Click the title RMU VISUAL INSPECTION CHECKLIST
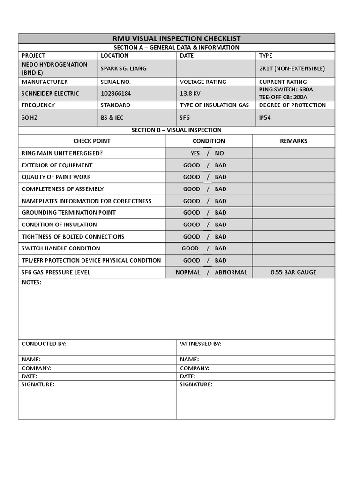pyautogui.click(x=177, y=38)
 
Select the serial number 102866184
pyautogui.click(x=116, y=93)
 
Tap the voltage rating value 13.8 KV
pyautogui.click(x=190, y=93)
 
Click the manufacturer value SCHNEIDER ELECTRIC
pyautogui.click(x=51, y=93)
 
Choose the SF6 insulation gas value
pyautogui.click(x=185, y=118)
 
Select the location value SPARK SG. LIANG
pyautogui.click(x=123, y=68)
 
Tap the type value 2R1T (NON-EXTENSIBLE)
pyautogui.click(x=292, y=68)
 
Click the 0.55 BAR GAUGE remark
pyautogui.click(x=293, y=272)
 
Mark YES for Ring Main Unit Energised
pyautogui.click(x=195, y=153)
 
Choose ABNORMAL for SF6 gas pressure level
pyautogui.click(x=231, y=272)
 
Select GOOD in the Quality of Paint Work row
pyautogui.click(x=191, y=177)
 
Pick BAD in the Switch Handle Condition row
pyautogui.click(x=220, y=248)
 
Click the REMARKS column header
pyautogui.click(x=293, y=141)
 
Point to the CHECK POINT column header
pyautogui.click(x=92, y=141)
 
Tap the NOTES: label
pyautogui.click(x=32, y=282)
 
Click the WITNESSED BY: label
pyautogui.click(x=200, y=344)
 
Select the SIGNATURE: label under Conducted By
pyautogui.click(x=38, y=384)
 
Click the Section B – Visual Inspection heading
pyautogui.click(x=177, y=130)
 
